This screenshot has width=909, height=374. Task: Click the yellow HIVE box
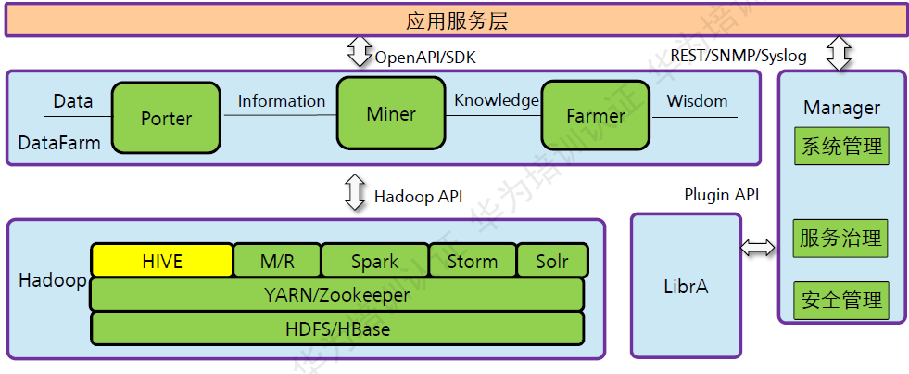[162, 261]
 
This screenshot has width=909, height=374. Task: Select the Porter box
[167, 119]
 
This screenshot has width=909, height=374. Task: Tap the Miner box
[391, 113]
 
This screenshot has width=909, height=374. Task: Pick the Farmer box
[596, 116]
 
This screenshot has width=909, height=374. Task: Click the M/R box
[277, 261]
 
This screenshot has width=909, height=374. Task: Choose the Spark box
[375, 261]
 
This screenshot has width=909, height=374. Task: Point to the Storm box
[473, 261]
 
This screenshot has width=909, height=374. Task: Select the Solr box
[552, 261]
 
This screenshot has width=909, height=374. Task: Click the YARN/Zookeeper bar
[337, 294]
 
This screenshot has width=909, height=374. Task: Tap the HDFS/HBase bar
[337, 329]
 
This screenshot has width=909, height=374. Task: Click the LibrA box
[687, 286]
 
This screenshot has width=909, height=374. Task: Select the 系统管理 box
[841, 147]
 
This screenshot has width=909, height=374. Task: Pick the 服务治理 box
[841, 238]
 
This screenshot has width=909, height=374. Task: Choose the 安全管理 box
[841, 301]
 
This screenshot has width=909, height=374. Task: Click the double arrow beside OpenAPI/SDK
[360, 53]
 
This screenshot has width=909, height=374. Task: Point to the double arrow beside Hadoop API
[356, 192]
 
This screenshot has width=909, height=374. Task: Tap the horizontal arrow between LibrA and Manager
[759, 247]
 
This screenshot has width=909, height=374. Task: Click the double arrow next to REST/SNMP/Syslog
[840, 53]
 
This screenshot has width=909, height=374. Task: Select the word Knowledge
[497, 100]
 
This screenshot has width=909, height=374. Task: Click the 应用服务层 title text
[457, 20]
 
